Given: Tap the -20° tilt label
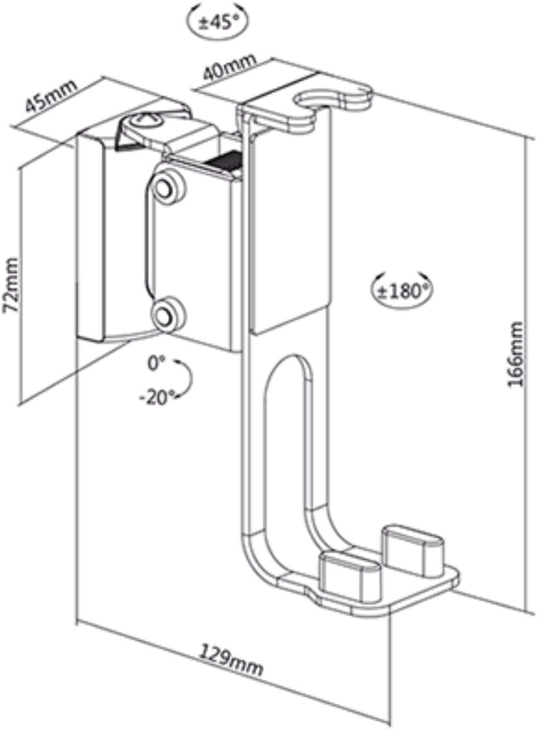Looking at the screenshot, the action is click(157, 397).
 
